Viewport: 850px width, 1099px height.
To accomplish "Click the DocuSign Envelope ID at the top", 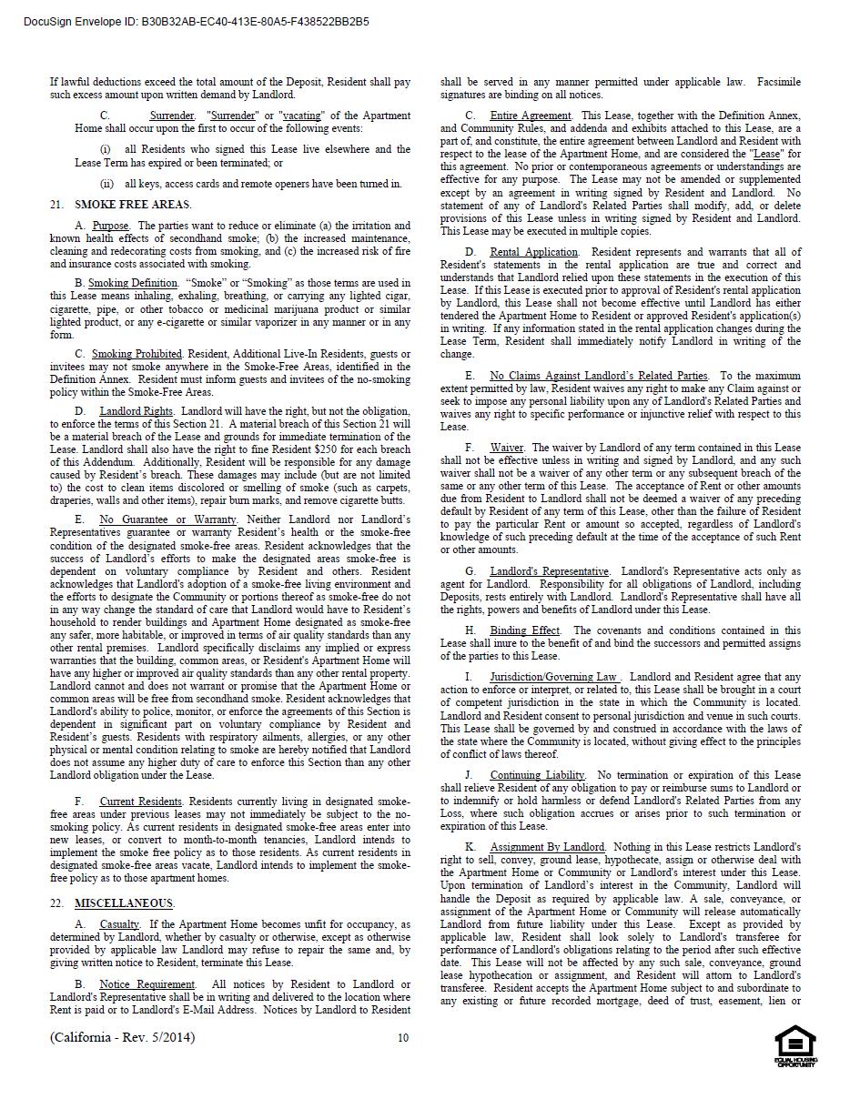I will [x=197, y=22].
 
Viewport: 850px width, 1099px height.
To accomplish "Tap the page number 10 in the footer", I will [x=403, y=1038].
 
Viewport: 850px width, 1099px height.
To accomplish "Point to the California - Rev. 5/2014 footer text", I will [x=122, y=1038].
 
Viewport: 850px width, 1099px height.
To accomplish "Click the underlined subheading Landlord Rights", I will [x=137, y=411].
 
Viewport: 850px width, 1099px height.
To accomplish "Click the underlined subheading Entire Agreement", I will [x=531, y=116].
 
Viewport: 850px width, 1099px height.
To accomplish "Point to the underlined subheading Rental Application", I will [x=533, y=252].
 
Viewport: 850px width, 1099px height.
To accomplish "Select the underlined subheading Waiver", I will [x=506, y=448].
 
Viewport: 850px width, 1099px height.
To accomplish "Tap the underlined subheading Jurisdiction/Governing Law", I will [x=554, y=677].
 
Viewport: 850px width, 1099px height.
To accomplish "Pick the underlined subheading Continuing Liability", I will [x=537, y=775].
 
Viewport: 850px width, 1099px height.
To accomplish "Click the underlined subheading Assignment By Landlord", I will [x=547, y=847].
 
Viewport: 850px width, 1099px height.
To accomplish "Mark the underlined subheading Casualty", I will [x=119, y=924].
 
